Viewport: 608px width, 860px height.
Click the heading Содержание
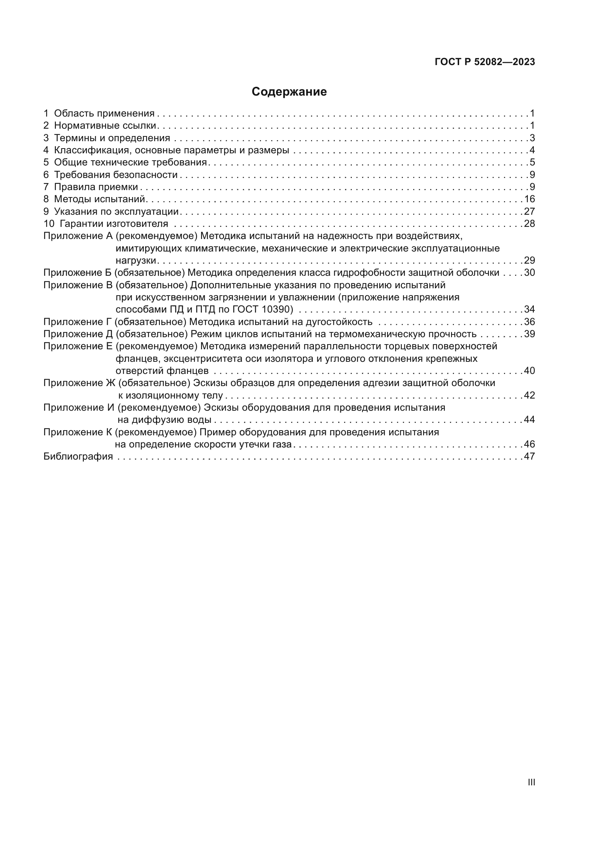pyautogui.click(x=289, y=92)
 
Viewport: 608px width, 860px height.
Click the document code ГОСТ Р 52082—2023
pyautogui.click(x=485, y=62)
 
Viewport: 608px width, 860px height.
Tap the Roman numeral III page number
pyautogui.click(x=531, y=782)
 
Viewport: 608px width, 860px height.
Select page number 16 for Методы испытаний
pyautogui.click(x=529, y=199)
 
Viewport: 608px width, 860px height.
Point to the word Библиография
pyautogui.click(x=78, y=456)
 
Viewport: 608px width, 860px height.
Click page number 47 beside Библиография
pyautogui.click(x=529, y=456)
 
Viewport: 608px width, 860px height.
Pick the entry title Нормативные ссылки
pyautogui.click(x=105, y=125)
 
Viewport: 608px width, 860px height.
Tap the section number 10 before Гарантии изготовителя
pyautogui.click(x=49, y=224)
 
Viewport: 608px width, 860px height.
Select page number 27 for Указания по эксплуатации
pyautogui.click(x=529, y=211)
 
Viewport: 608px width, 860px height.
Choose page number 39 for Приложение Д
pyautogui.click(x=529, y=334)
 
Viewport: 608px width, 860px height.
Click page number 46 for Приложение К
pyautogui.click(x=529, y=444)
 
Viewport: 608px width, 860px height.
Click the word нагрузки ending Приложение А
pyautogui.click(x=136, y=260)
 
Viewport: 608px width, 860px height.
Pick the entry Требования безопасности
pyautogui.click(x=116, y=175)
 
